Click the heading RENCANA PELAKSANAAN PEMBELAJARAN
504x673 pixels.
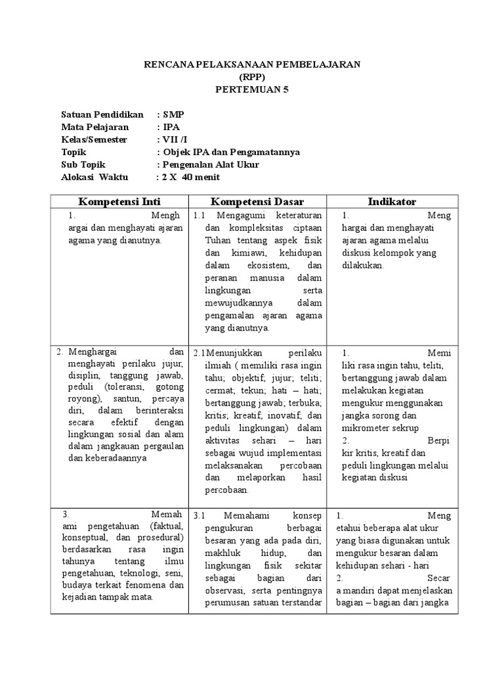(x=252, y=64)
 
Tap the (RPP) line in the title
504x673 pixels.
(x=252, y=77)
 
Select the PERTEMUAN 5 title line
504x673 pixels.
(x=252, y=89)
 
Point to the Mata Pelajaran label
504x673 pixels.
(x=95, y=127)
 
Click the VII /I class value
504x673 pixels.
(x=173, y=139)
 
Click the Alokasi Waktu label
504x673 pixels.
(x=95, y=177)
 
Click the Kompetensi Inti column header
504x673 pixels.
(x=119, y=201)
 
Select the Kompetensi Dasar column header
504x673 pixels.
(x=257, y=201)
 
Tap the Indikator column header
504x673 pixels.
(x=392, y=201)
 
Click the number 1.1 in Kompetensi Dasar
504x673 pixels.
(x=199, y=216)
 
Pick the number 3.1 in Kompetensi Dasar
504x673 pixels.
(x=199, y=515)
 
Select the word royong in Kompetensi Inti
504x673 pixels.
(x=82, y=399)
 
